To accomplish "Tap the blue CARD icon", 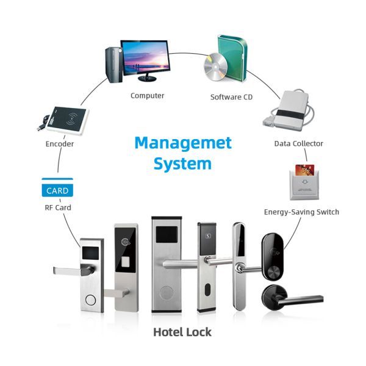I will (57, 190).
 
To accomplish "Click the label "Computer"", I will (147, 96).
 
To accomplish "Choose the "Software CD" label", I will (231, 97).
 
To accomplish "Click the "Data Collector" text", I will (298, 143).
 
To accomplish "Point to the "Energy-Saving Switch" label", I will (301, 212).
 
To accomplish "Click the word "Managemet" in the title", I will (183, 143).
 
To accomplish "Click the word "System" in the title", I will (182, 163).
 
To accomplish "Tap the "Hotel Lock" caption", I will (182, 332).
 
